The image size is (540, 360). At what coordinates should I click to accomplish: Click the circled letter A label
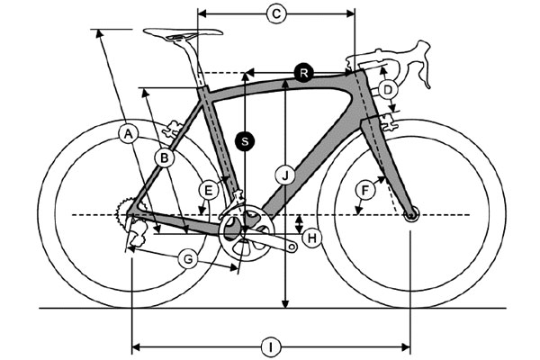tap(128, 134)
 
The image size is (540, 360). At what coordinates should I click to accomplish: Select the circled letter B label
tap(165, 158)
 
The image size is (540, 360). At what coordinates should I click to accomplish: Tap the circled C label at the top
tap(276, 13)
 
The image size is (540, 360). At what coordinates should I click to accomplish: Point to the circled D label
tap(388, 90)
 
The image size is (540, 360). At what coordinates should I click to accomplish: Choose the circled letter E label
tap(209, 191)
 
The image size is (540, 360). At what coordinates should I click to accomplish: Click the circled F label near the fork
tap(365, 190)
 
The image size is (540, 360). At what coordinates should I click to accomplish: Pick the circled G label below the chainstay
tap(188, 259)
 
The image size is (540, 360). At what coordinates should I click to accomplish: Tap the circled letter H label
tap(311, 238)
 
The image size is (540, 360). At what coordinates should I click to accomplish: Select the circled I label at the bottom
tap(271, 347)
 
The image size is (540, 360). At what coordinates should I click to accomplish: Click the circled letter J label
tap(285, 175)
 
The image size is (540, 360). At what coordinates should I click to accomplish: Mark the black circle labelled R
tap(304, 73)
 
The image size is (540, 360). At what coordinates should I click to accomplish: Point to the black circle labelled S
tap(245, 141)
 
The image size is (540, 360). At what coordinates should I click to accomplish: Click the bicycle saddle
tap(183, 33)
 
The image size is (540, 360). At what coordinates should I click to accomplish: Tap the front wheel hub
tap(411, 216)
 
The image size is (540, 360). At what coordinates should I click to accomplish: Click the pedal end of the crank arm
tap(292, 247)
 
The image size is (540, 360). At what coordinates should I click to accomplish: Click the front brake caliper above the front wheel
tap(389, 122)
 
